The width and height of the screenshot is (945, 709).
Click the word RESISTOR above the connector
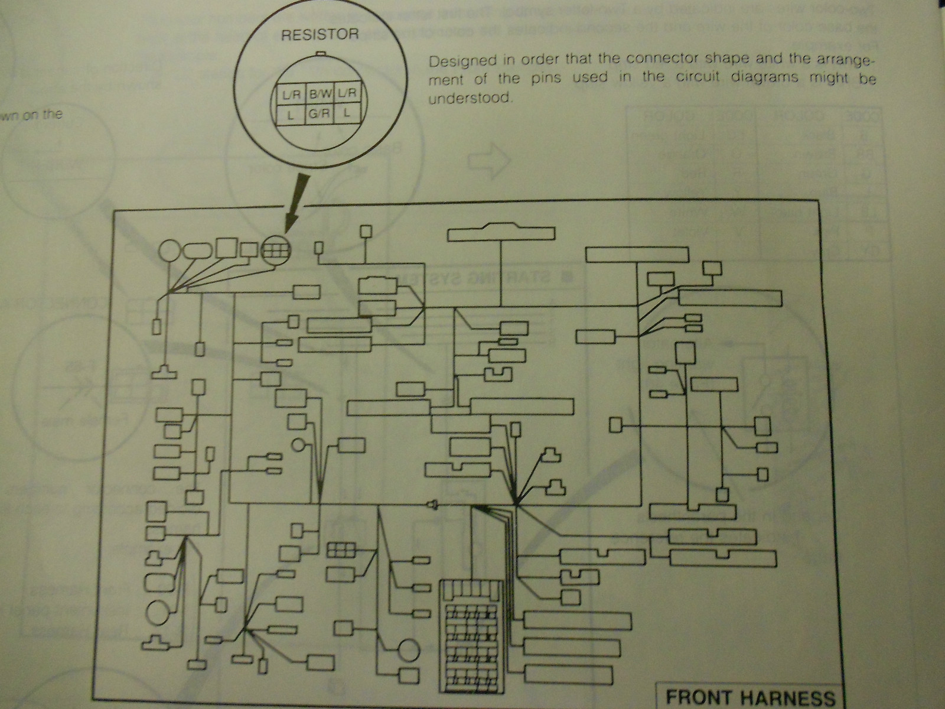[319, 34]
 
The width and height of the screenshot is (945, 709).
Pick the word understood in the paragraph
[468, 98]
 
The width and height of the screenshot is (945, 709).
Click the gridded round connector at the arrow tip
[276, 250]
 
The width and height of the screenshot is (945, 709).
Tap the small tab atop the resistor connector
[320, 53]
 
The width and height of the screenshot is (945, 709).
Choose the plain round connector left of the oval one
[169, 251]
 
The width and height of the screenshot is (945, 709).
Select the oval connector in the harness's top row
[197, 251]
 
